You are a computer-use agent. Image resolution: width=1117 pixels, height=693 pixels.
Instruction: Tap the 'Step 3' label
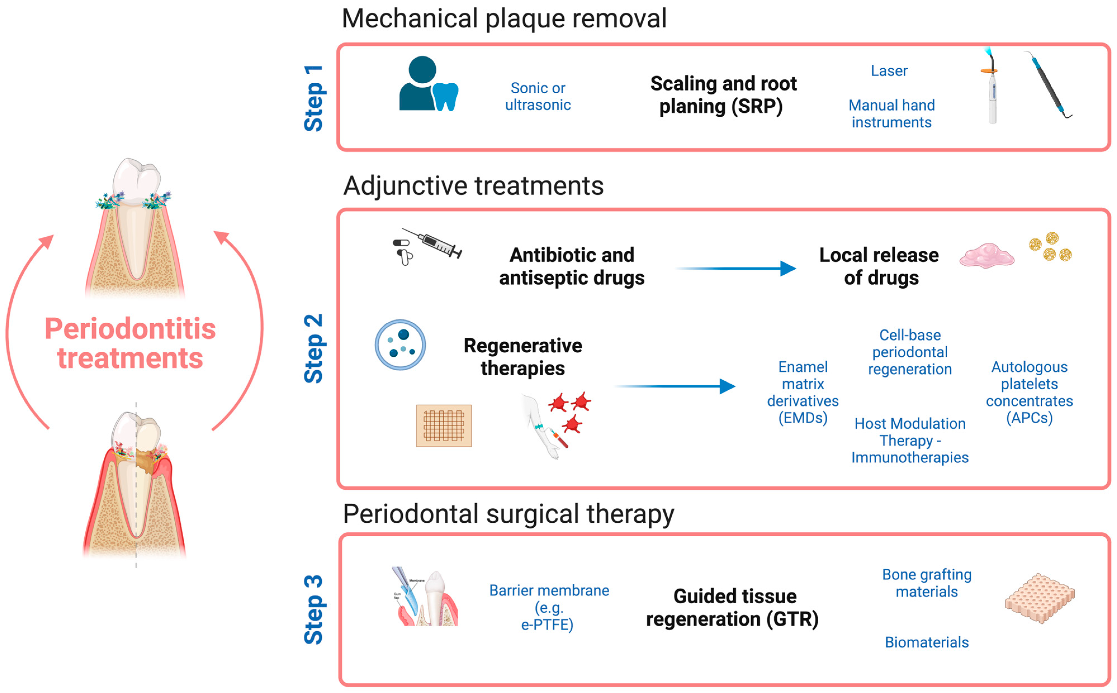[314, 609]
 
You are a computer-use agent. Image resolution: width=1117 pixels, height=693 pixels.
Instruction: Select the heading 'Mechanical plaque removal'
[504, 19]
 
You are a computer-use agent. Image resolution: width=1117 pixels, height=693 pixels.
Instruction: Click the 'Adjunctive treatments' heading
[473, 186]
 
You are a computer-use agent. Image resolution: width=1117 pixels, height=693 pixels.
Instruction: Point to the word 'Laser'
[889, 71]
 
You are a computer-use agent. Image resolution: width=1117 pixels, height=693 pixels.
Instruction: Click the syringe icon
[432, 243]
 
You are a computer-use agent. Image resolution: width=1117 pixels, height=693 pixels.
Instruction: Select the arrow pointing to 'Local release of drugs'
[735, 268]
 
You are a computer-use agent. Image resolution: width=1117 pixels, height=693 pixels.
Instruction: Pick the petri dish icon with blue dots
[400, 345]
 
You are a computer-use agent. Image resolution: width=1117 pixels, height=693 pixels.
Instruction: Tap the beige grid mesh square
[444, 425]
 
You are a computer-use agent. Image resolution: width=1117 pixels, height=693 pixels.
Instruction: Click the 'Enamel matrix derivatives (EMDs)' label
[803, 392]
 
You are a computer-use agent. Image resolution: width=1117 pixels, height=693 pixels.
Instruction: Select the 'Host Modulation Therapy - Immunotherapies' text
[910, 440]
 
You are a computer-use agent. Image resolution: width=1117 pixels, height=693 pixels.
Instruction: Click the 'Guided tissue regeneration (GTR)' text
[732, 608]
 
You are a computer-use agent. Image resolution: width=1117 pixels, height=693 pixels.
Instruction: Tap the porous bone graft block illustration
[1040, 598]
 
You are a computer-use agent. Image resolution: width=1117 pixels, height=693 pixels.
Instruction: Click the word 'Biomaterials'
[926, 642]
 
